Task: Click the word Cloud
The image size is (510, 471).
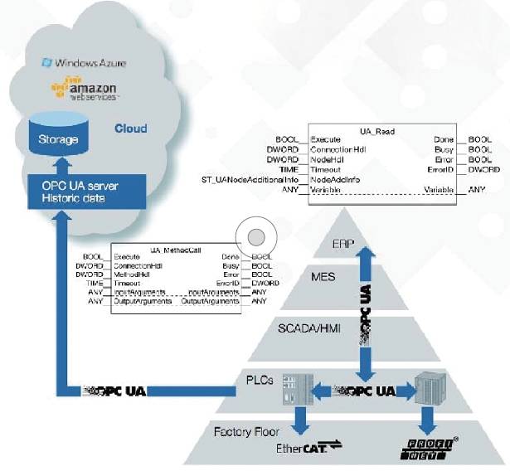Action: click(130, 129)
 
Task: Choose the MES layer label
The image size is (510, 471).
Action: click(323, 276)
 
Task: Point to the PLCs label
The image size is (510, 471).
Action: click(260, 379)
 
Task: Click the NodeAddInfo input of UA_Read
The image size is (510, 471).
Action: click(334, 179)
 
